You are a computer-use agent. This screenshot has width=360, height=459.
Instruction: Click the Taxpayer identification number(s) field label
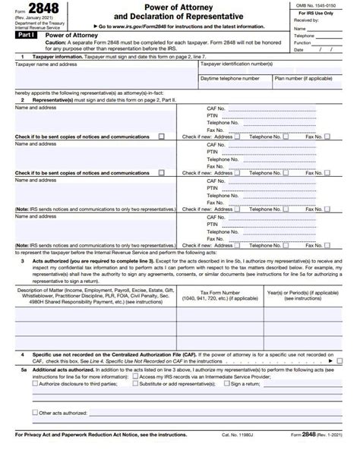click(x=235, y=65)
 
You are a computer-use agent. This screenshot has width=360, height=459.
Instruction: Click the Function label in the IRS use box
click(x=305, y=42)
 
